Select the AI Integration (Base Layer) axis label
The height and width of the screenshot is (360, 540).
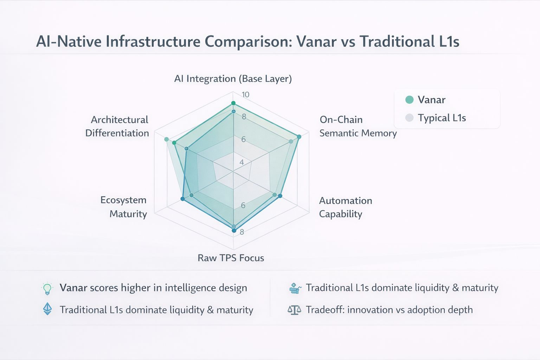pyautogui.click(x=233, y=78)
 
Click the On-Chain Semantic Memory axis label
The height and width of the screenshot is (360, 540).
pyautogui.click(x=358, y=126)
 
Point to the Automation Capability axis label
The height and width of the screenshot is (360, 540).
pyautogui.click(x=345, y=207)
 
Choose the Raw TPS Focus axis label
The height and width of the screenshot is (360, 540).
pyautogui.click(x=231, y=258)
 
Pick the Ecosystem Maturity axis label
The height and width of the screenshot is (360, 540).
pyautogui.click(x=123, y=207)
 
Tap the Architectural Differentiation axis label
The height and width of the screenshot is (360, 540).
pyautogui.click(x=117, y=126)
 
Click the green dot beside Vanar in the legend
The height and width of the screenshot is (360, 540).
pyautogui.click(x=409, y=99)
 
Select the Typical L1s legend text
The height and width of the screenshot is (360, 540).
pyautogui.click(x=442, y=118)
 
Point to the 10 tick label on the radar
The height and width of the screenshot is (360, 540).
pyautogui.click(x=245, y=94)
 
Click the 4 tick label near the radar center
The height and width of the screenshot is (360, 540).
pyautogui.click(x=242, y=162)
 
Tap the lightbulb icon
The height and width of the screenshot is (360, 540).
pyautogui.click(x=47, y=288)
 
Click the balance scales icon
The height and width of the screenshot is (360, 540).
pyautogui.click(x=294, y=310)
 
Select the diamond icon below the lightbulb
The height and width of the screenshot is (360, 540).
pyautogui.click(x=47, y=309)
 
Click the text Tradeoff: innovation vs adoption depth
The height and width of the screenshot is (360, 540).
pyautogui.click(x=389, y=310)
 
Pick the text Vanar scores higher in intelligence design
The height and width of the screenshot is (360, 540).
pyautogui.click(x=153, y=288)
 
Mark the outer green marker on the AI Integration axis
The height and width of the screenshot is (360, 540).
pyautogui.click(x=233, y=103)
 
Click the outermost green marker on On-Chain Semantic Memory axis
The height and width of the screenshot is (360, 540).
pyautogui.click(x=299, y=137)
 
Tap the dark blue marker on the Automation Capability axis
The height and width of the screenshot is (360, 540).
pyautogui.click(x=280, y=196)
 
